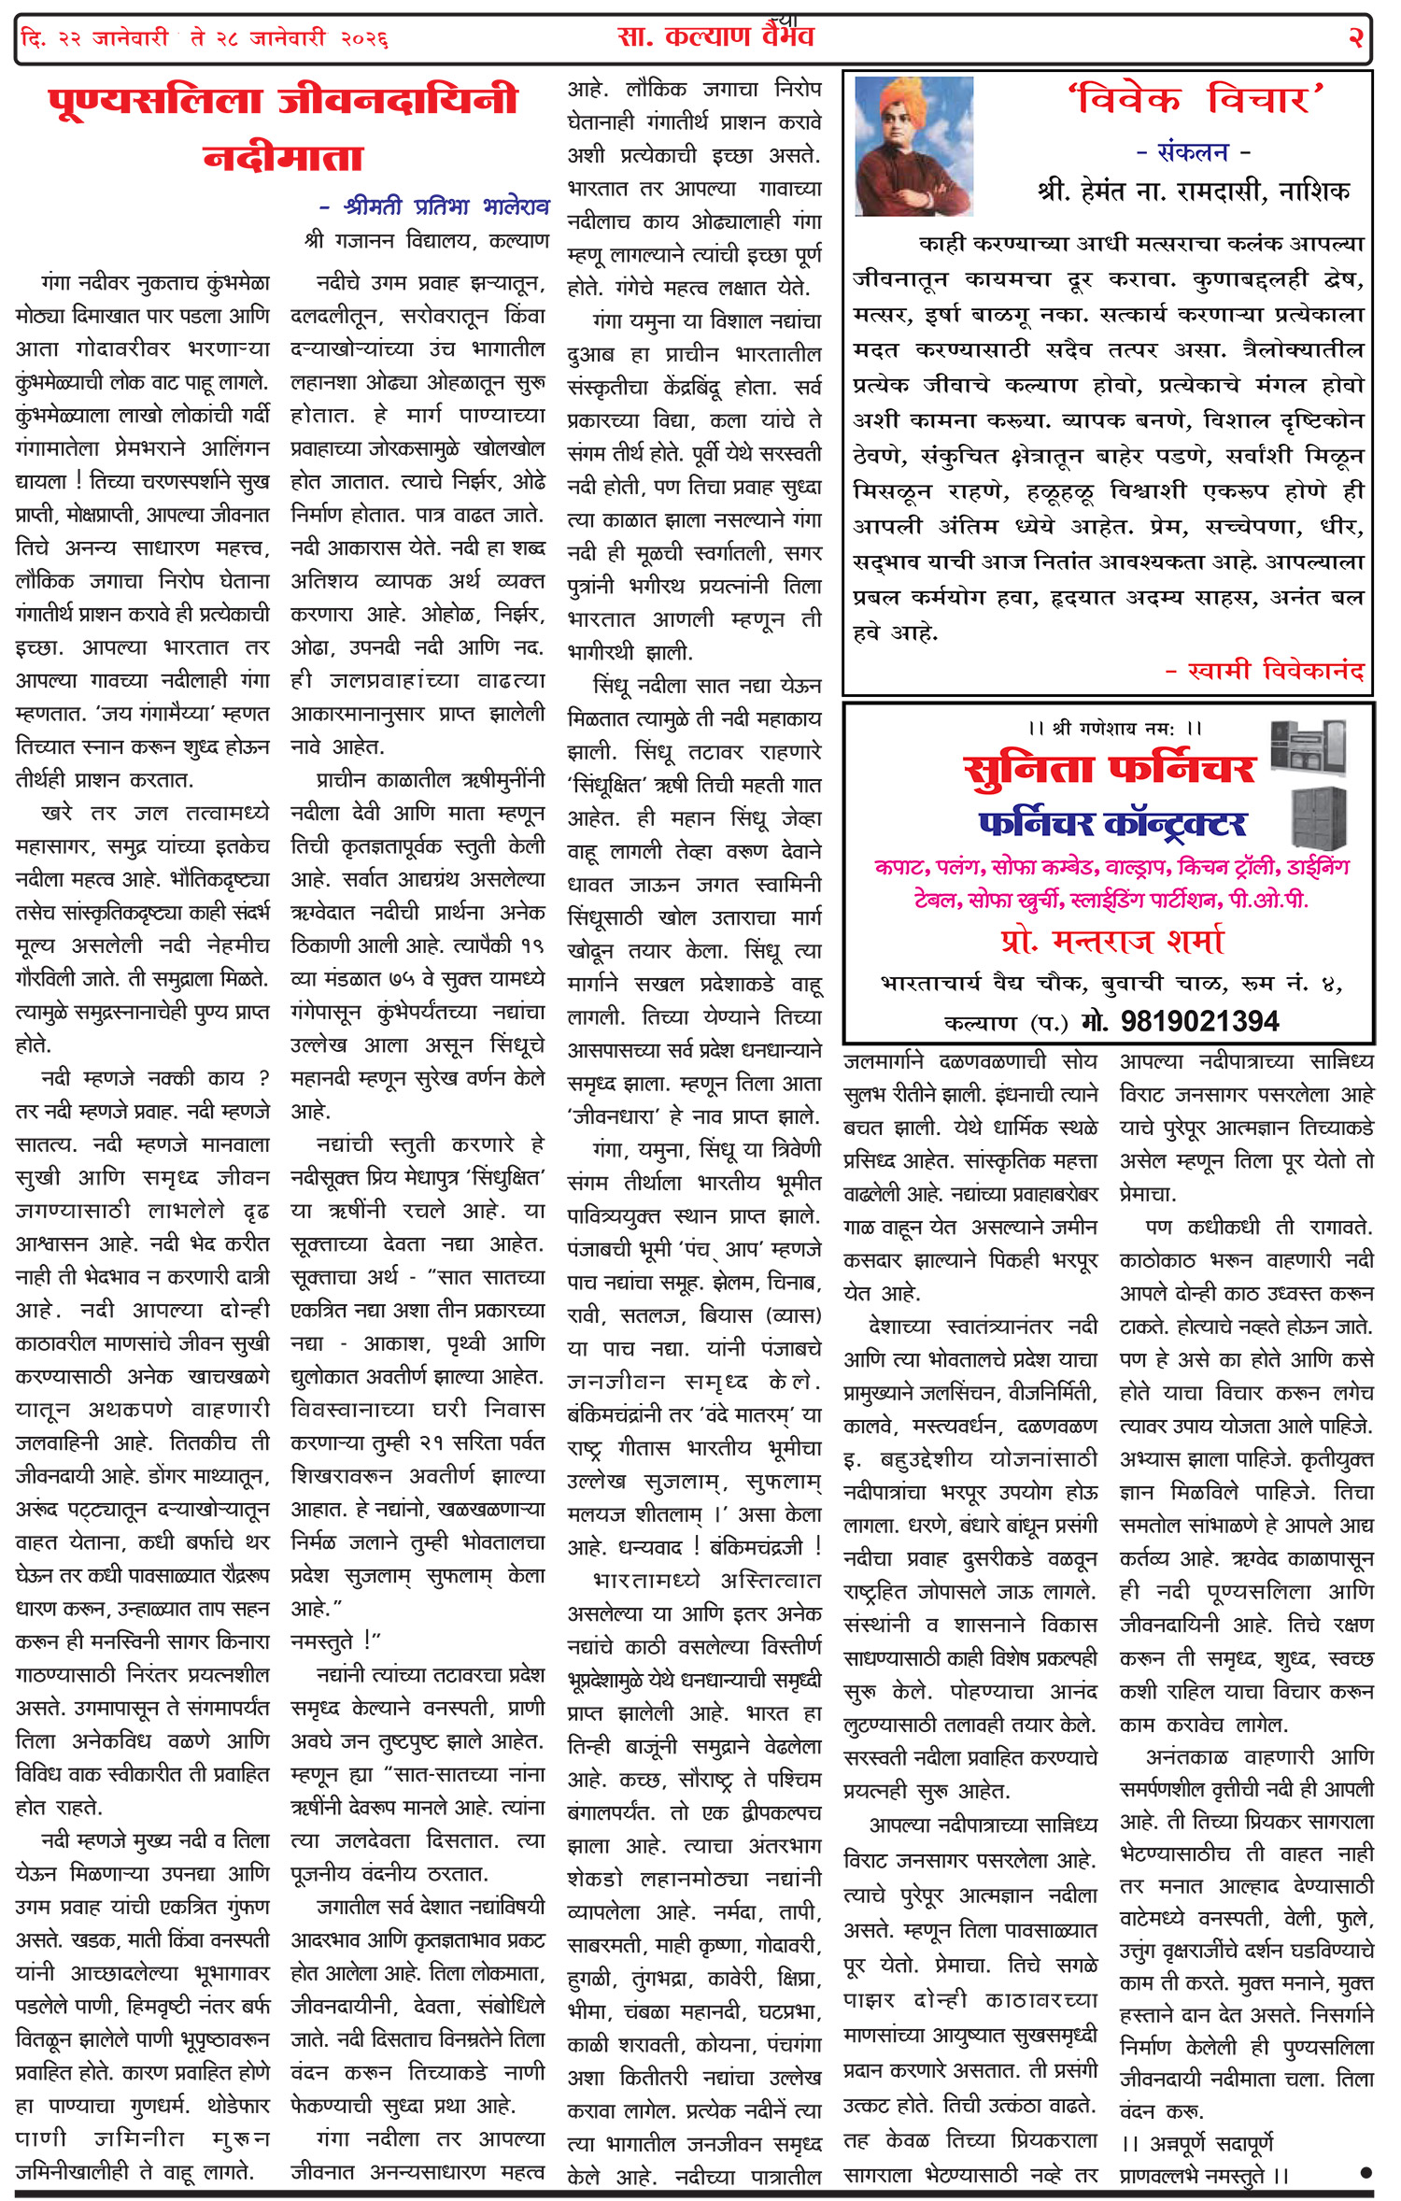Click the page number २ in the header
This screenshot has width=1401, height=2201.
coord(1354,37)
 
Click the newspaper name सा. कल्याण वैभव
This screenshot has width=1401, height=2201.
coord(715,37)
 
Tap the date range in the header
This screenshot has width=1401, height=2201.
coord(204,39)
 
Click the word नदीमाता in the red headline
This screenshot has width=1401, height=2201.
coord(282,157)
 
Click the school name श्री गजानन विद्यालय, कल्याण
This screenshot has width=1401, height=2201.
coord(427,241)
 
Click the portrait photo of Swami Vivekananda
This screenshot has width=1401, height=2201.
coord(913,146)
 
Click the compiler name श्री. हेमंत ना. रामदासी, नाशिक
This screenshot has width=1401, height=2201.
coord(1194,192)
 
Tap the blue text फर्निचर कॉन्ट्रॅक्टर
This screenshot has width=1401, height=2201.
coord(1111,824)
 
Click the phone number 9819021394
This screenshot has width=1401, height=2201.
coord(1199,1021)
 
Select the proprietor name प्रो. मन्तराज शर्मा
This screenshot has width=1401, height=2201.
coord(1111,941)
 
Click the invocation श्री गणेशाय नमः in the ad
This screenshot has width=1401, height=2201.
coord(1113,728)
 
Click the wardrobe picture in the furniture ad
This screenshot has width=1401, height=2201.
coord(1319,816)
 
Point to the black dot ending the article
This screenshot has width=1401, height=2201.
coord(1366,2172)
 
